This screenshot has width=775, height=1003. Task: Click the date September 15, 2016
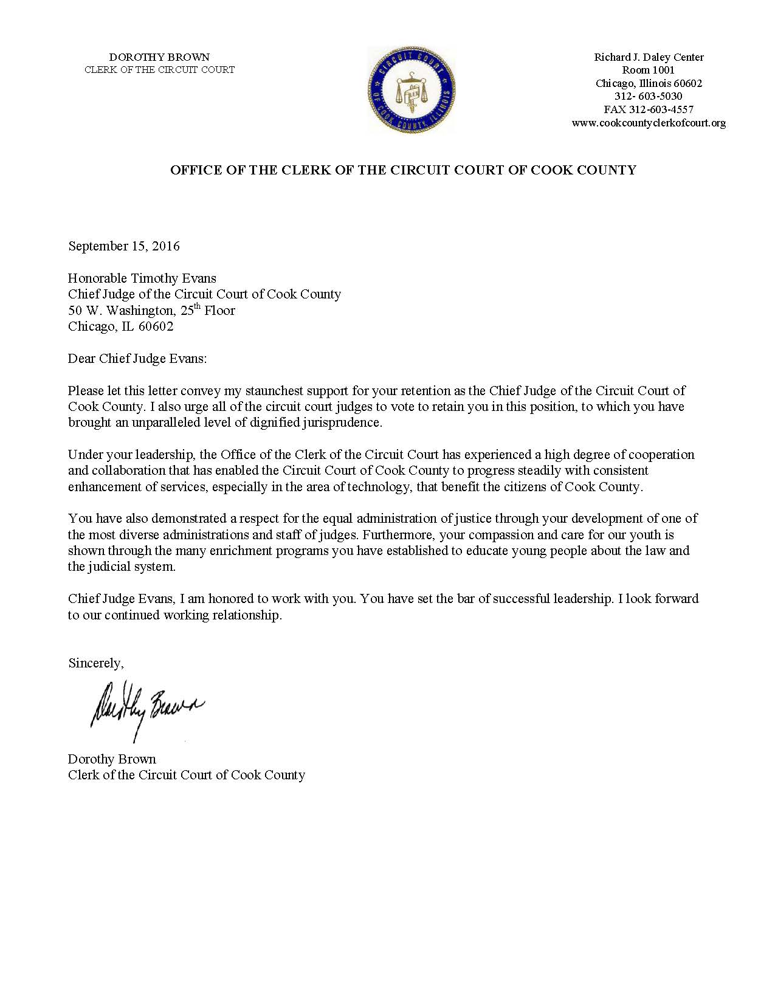click(124, 246)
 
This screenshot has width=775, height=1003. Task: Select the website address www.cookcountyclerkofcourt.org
click(649, 123)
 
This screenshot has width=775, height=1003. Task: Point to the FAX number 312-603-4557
click(648, 109)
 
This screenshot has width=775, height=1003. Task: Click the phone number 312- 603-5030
click(648, 96)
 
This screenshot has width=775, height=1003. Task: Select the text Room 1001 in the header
click(648, 70)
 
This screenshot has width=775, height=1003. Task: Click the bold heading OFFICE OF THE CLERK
click(402, 170)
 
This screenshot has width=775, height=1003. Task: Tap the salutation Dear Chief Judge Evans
click(137, 359)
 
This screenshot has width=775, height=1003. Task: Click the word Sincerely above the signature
click(95, 663)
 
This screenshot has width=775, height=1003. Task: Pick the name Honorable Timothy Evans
click(142, 278)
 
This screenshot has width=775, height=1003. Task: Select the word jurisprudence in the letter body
click(342, 422)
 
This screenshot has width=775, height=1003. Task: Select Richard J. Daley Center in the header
click(649, 57)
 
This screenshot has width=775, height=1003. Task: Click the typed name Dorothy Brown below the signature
click(112, 759)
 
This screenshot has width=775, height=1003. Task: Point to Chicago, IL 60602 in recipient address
click(120, 326)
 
